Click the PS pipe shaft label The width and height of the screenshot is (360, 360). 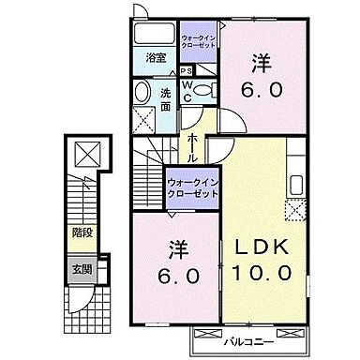[187, 70]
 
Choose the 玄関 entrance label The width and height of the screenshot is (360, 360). [82, 269]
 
